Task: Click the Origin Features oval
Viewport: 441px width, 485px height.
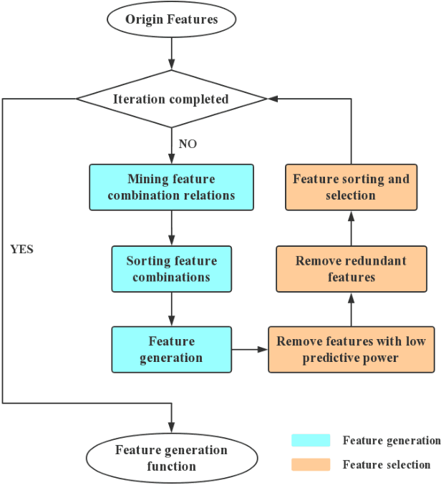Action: (x=171, y=19)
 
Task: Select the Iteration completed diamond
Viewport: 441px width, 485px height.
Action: (x=171, y=99)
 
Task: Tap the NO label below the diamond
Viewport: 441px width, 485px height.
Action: (x=188, y=144)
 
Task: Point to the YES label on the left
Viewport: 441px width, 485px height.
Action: (x=22, y=250)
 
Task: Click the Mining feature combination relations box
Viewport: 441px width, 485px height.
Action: (x=171, y=187)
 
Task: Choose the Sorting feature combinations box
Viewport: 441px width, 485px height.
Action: (x=171, y=269)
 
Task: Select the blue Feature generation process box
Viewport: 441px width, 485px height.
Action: (x=171, y=349)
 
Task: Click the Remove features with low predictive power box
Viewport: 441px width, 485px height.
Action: (x=351, y=349)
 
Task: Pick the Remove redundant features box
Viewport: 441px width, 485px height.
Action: (x=351, y=269)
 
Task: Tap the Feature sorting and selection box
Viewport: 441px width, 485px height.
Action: (x=351, y=187)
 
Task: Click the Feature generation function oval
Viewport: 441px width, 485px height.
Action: (x=171, y=458)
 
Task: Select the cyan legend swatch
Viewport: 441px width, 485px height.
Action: (x=311, y=440)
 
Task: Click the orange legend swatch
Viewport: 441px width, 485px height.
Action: (x=311, y=464)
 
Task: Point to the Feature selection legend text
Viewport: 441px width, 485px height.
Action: (x=387, y=464)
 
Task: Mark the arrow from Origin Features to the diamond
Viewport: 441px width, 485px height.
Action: (x=171, y=54)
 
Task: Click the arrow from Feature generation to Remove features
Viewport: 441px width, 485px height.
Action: (x=250, y=349)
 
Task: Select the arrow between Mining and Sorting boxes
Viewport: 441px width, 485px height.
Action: (x=171, y=228)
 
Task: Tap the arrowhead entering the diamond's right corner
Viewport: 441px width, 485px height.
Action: (x=272, y=99)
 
